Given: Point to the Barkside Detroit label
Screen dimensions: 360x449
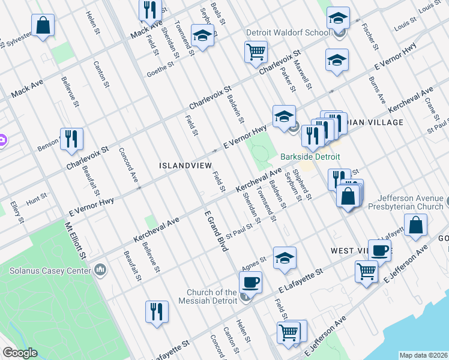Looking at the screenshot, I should (x=310, y=157).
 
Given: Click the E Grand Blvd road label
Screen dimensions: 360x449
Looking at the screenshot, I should (x=215, y=231).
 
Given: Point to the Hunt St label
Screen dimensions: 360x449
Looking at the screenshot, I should (x=36, y=196).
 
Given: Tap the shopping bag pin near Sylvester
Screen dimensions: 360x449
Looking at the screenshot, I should (x=43, y=26).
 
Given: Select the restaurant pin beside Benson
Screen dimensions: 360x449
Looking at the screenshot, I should (x=71, y=139).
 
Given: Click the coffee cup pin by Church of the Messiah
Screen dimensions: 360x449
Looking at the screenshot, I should (x=250, y=281).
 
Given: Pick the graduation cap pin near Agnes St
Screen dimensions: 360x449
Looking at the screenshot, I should (x=285, y=257).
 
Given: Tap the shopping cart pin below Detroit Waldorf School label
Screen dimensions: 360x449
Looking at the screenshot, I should (x=256, y=52).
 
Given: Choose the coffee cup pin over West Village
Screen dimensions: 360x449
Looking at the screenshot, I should (x=379, y=250).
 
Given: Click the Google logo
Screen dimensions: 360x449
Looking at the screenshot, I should (x=20, y=353).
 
